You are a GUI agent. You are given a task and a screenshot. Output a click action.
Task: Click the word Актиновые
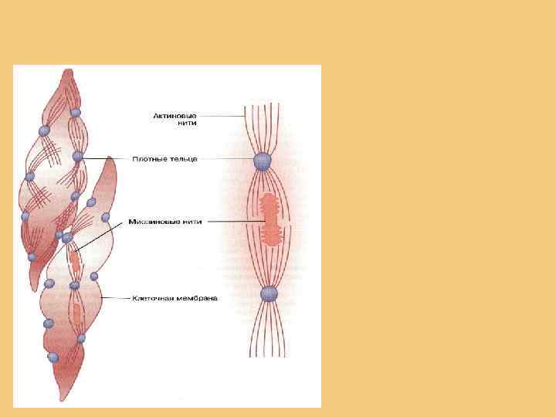176,117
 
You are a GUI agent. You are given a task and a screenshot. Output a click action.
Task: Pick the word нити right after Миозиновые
191,221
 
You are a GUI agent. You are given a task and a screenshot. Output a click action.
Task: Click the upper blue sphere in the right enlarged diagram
263,161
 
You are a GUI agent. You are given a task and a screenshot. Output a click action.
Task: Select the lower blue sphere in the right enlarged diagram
268,293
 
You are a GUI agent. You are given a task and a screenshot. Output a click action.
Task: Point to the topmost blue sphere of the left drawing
76,114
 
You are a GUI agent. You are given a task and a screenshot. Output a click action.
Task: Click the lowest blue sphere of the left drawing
53,358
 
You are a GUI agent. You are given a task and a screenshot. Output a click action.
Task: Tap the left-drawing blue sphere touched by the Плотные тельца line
77,157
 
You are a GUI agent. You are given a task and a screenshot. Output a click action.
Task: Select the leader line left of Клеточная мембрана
116,297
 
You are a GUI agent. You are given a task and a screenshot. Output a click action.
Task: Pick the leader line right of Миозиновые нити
232,221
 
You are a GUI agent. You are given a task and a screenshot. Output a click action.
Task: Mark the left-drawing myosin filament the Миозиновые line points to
76,258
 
